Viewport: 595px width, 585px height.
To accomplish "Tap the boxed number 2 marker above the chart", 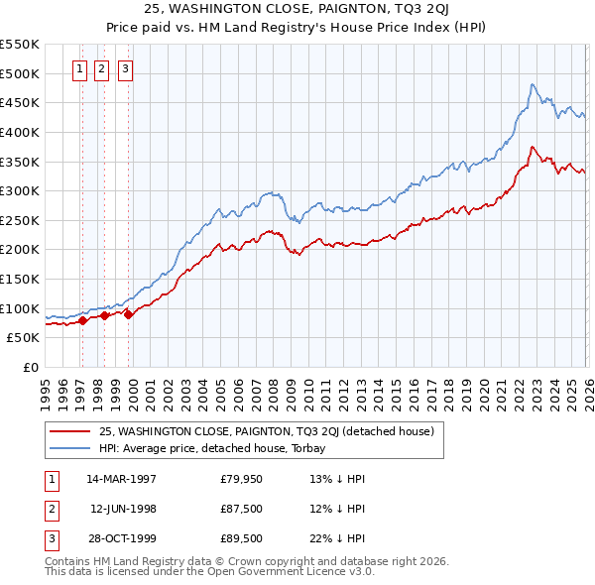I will pyautogui.click(x=102, y=69).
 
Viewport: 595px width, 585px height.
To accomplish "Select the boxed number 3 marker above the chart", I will pyautogui.click(x=126, y=69).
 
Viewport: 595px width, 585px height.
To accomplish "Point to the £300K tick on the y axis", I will pyautogui.click(x=20, y=190).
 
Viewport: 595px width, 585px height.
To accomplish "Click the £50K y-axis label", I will pyautogui.click(x=23, y=338).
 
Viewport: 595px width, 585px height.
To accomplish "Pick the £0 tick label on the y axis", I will pyautogui.click(x=31, y=367).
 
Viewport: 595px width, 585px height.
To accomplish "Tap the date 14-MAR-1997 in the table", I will pyautogui.click(x=121, y=479).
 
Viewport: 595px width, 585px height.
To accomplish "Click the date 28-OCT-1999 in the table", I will pyautogui.click(x=121, y=538).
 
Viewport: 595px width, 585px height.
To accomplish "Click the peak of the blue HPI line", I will pyautogui.click(x=533, y=84).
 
